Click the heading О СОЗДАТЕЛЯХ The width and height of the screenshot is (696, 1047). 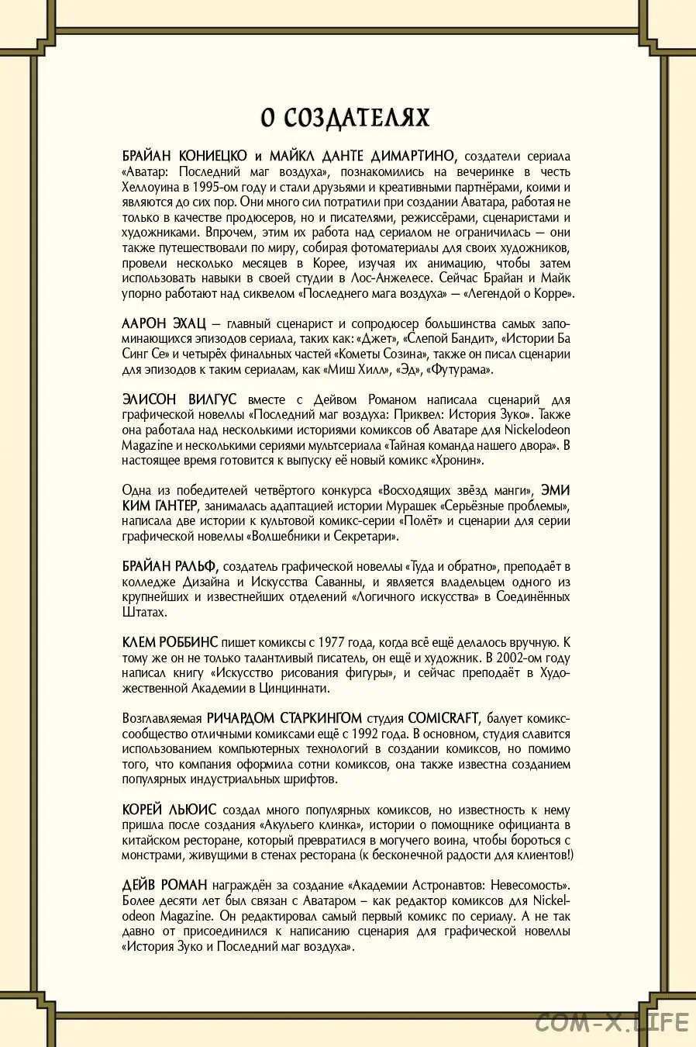(345, 118)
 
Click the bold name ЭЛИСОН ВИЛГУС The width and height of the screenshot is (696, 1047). (179, 399)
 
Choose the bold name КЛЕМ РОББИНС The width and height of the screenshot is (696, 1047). (171, 642)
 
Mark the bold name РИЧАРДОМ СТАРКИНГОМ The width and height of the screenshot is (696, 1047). (284, 718)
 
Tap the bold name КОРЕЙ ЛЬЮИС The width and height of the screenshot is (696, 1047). (169, 810)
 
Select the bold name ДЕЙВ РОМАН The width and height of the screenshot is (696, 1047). (164, 886)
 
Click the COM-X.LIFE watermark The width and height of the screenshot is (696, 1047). (612, 1021)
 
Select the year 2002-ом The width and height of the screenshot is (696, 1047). (482, 658)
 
